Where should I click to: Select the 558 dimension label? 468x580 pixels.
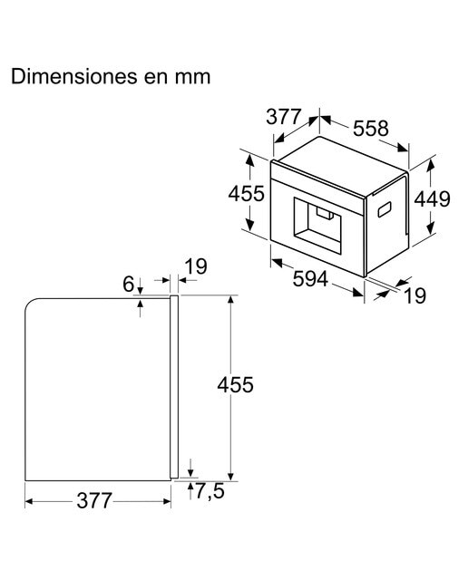(370, 129)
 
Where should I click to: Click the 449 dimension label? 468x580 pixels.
(432, 199)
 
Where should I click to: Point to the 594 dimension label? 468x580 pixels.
(310, 278)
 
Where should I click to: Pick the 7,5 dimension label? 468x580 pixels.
(210, 491)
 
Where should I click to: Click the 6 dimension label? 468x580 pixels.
(128, 284)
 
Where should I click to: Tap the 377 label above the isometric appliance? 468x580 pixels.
(284, 117)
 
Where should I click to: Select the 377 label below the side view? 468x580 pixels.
(93, 501)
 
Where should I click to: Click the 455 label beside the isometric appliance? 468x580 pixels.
(246, 193)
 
